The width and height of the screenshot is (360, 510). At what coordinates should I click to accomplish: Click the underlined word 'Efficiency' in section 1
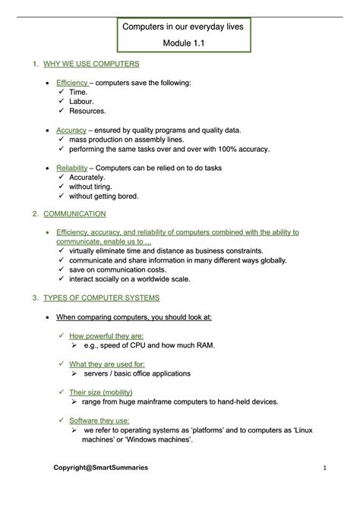point(72,83)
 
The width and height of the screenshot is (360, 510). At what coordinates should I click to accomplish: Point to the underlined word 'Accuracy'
point(71,130)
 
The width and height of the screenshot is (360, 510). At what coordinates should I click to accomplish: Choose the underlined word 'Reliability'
point(73,168)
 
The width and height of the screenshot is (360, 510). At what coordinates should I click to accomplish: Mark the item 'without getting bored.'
point(103,196)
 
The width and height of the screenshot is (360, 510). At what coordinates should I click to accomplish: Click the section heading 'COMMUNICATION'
point(64,215)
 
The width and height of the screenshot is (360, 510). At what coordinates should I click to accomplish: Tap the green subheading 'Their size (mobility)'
point(101,392)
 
